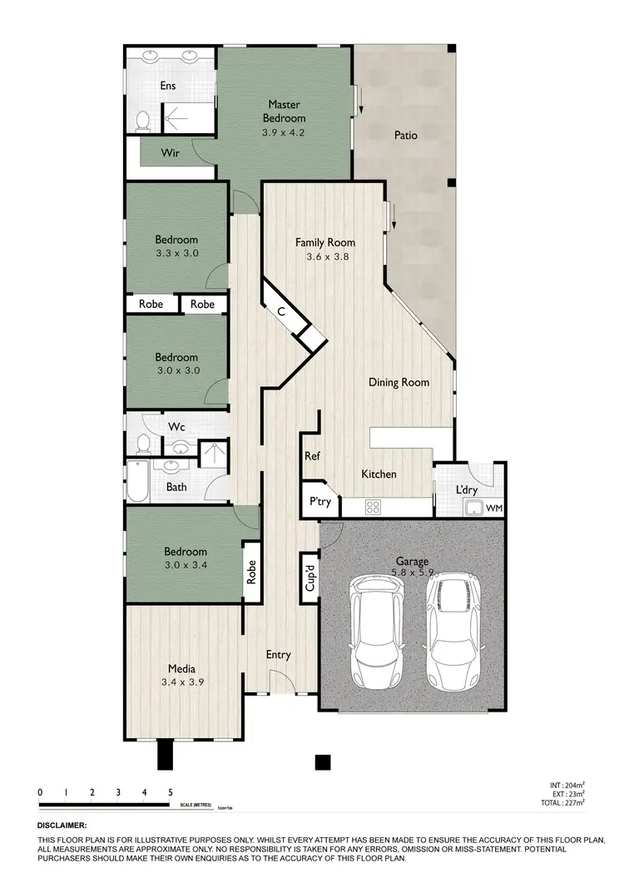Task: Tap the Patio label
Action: tap(406, 135)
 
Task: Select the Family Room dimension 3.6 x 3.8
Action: tap(325, 257)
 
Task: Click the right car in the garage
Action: tap(454, 628)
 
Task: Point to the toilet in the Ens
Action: tap(142, 121)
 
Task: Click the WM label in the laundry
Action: tap(494, 508)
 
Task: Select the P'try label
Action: tap(320, 502)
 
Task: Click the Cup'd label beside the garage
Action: tap(309, 574)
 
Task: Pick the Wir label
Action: tap(171, 153)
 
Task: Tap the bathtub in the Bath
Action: tap(136, 481)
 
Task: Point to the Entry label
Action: tap(278, 655)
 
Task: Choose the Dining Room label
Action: tap(399, 383)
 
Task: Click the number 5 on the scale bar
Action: tap(171, 792)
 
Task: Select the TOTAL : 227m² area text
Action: tap(564, 801)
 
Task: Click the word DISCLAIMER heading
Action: tap(62, 826)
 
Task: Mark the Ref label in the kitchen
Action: tap(312, 456)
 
